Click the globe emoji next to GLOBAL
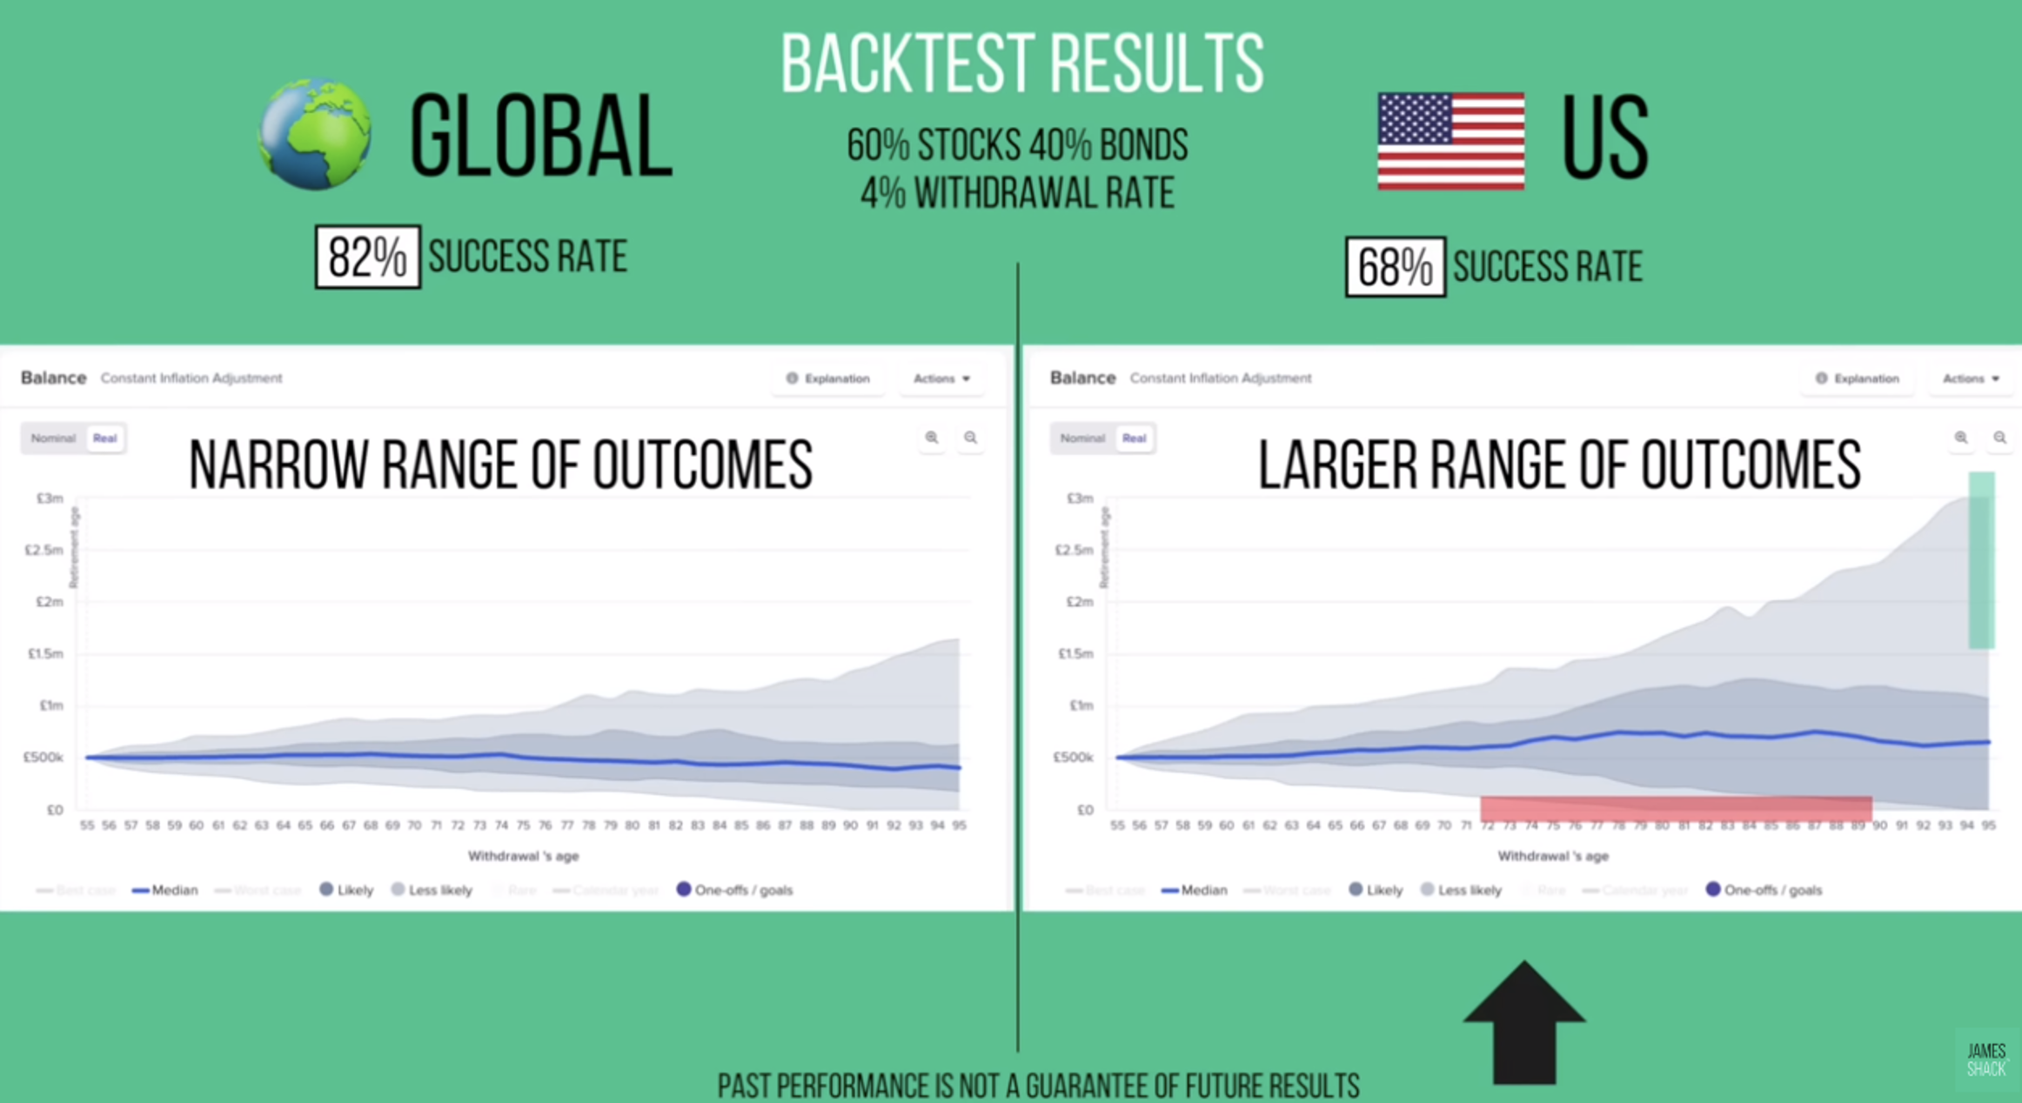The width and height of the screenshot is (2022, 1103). coord(315,134)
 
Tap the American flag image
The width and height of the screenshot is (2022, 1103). coord(1450,141)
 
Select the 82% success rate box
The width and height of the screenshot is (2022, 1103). coord(367,257)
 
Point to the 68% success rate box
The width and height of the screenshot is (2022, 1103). coord(1395,267)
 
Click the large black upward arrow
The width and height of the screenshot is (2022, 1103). coord(1524,1022)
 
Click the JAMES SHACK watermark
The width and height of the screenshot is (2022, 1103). coord(1986,1060)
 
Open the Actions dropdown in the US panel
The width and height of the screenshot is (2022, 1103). coord(1970,378)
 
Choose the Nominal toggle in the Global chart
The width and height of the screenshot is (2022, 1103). coord(53,438)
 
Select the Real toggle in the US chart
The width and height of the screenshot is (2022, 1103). coord(1134,438)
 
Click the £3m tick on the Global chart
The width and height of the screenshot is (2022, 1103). coord(50,498)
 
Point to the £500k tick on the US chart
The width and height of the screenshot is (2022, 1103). coord(1073,758)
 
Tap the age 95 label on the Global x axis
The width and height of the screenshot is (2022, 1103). coord(959,826)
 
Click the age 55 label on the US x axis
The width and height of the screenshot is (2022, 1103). coord(1117,826)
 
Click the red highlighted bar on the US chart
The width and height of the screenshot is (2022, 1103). coord(1676,809)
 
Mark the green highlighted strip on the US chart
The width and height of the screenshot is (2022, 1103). coord(1981,560)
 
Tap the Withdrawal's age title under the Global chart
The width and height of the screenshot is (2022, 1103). coord(523,856)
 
